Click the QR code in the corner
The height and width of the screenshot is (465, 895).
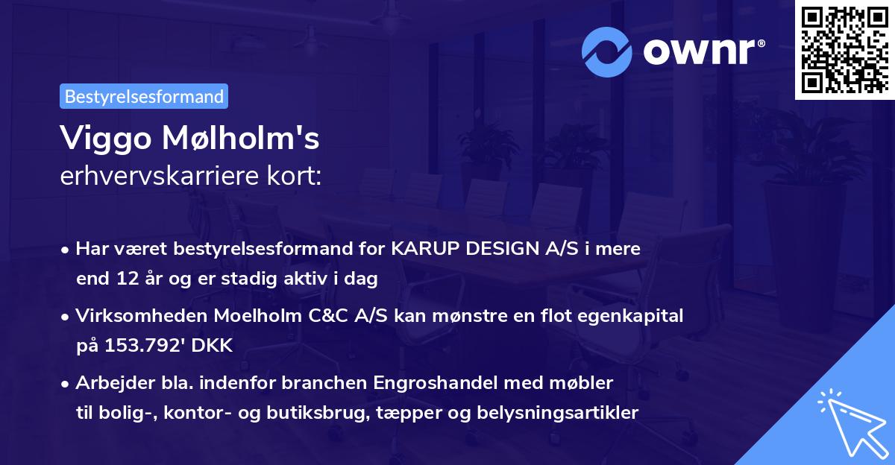(844, 49)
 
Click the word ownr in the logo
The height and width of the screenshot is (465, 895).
(703, 52)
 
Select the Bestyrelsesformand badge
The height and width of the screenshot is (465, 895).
(144, 96)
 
